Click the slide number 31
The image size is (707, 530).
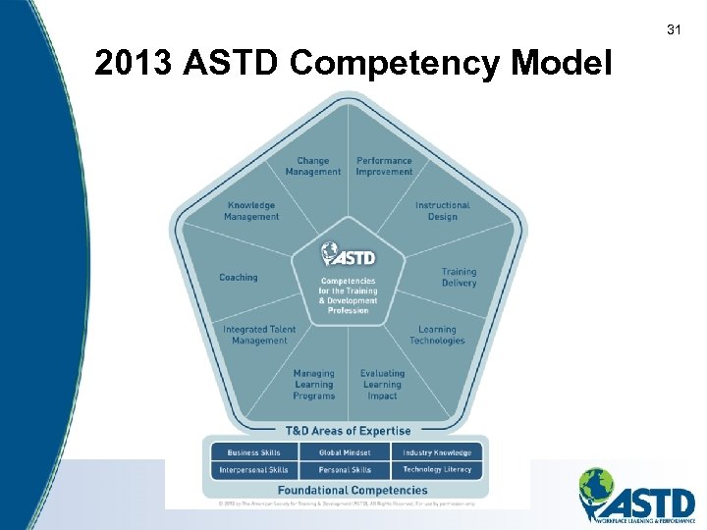coord(674,30)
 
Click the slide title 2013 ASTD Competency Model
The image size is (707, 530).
coord(353,64)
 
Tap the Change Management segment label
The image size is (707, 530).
coord(313,166)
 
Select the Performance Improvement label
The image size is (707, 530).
coord(384,166)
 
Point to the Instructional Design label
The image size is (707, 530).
coord(442,211)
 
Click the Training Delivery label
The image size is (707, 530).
coord(459,277)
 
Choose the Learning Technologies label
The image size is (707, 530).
coord(437,336)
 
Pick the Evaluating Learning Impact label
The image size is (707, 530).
coord(382,384)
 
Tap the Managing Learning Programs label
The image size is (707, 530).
coord(314,384)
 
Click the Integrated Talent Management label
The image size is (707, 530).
coord(259,336)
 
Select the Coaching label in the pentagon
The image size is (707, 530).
coord(239,278)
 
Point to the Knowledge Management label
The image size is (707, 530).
coord(251,211)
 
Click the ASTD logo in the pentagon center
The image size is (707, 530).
coord(348,254)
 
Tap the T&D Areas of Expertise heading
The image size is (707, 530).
coord(348,430)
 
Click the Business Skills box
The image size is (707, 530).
coord(254,452)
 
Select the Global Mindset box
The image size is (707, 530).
coord(346,452)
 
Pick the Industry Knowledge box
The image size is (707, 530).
coord(437,452)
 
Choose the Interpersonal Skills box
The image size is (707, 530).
coord(254,470)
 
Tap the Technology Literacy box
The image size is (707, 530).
coord(437,470)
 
